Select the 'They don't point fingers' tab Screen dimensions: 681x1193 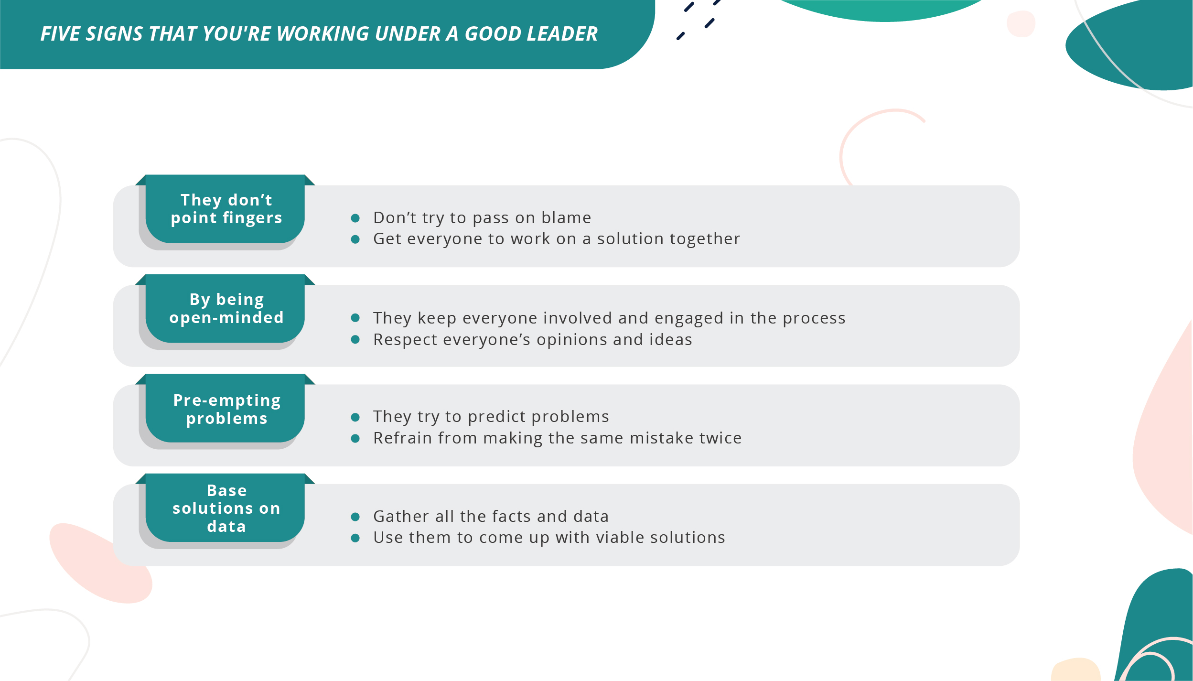pos(226,209)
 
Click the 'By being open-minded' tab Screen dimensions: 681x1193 pos(226,309)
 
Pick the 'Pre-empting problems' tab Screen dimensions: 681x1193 pos(226,409)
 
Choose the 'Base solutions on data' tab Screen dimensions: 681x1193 pos(226,508)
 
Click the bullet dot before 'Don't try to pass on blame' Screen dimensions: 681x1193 pos(355,218)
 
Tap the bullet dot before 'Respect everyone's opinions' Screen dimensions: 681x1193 pos(355,340)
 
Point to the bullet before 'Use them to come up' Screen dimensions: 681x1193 pos(355,538)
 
